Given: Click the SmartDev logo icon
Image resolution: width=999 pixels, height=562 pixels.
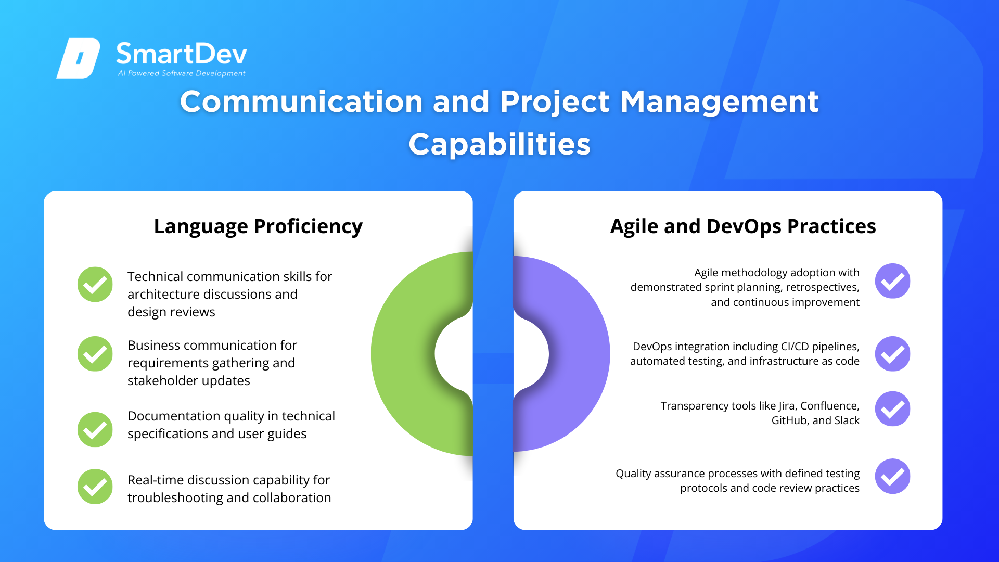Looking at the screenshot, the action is click(x=78, y=58).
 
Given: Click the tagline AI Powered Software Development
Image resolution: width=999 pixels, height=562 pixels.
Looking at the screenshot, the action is click(x=182, y=73).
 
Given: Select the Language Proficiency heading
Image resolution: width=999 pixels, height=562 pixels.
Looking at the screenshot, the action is click(x=258, y=226).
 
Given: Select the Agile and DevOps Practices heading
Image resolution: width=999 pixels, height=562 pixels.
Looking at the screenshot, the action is click(x=743, y=226).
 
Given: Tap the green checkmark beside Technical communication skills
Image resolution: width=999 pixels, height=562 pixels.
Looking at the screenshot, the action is click(x=95, y=284).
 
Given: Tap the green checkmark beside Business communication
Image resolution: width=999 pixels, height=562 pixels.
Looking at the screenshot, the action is click(x=95, y=354).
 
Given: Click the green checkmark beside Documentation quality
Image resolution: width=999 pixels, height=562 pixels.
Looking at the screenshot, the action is click(x=95, y=429).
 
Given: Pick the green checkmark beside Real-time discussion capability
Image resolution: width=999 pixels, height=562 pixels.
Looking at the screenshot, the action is click(x=95, y=487).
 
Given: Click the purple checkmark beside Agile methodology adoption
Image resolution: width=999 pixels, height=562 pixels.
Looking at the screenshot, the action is click(x=893, y=281).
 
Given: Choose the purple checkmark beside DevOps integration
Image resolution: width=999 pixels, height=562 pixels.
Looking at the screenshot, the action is click(x=893, y=354).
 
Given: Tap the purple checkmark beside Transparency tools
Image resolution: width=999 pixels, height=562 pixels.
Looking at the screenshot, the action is click(x=893, y=409).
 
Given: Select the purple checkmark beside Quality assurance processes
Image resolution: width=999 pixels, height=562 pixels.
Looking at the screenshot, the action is click(x=893, y=476).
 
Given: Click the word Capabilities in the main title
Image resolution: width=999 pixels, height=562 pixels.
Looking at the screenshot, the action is click(x=499, y=145).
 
